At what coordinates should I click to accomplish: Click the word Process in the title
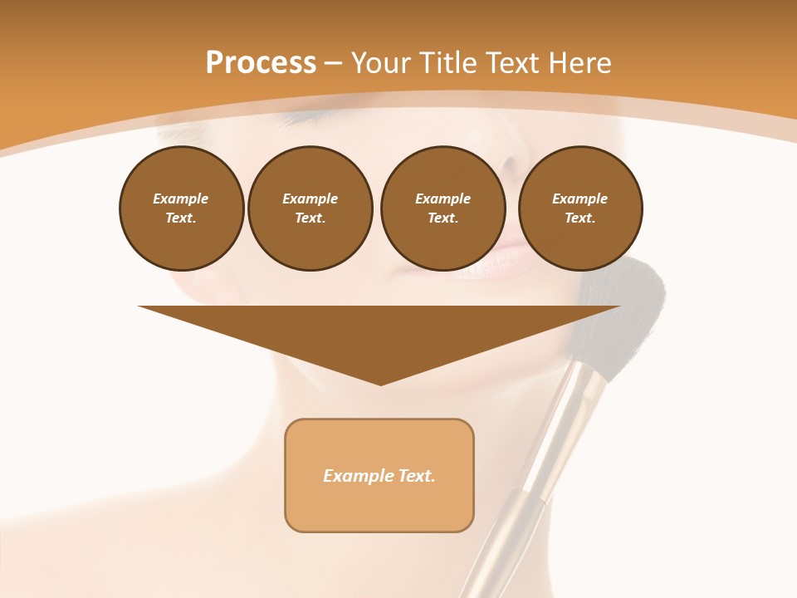[261, 63]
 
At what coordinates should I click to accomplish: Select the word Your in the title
[381, 63]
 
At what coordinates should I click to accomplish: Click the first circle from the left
[181, 208]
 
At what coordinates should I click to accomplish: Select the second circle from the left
[310, 208]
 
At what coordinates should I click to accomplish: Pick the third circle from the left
[443, 208]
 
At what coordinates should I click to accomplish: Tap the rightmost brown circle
[580, 208]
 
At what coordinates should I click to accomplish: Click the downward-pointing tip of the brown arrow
[380, 382]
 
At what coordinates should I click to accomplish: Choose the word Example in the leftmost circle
[181, 199]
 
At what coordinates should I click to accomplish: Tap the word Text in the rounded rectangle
[416, 476]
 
